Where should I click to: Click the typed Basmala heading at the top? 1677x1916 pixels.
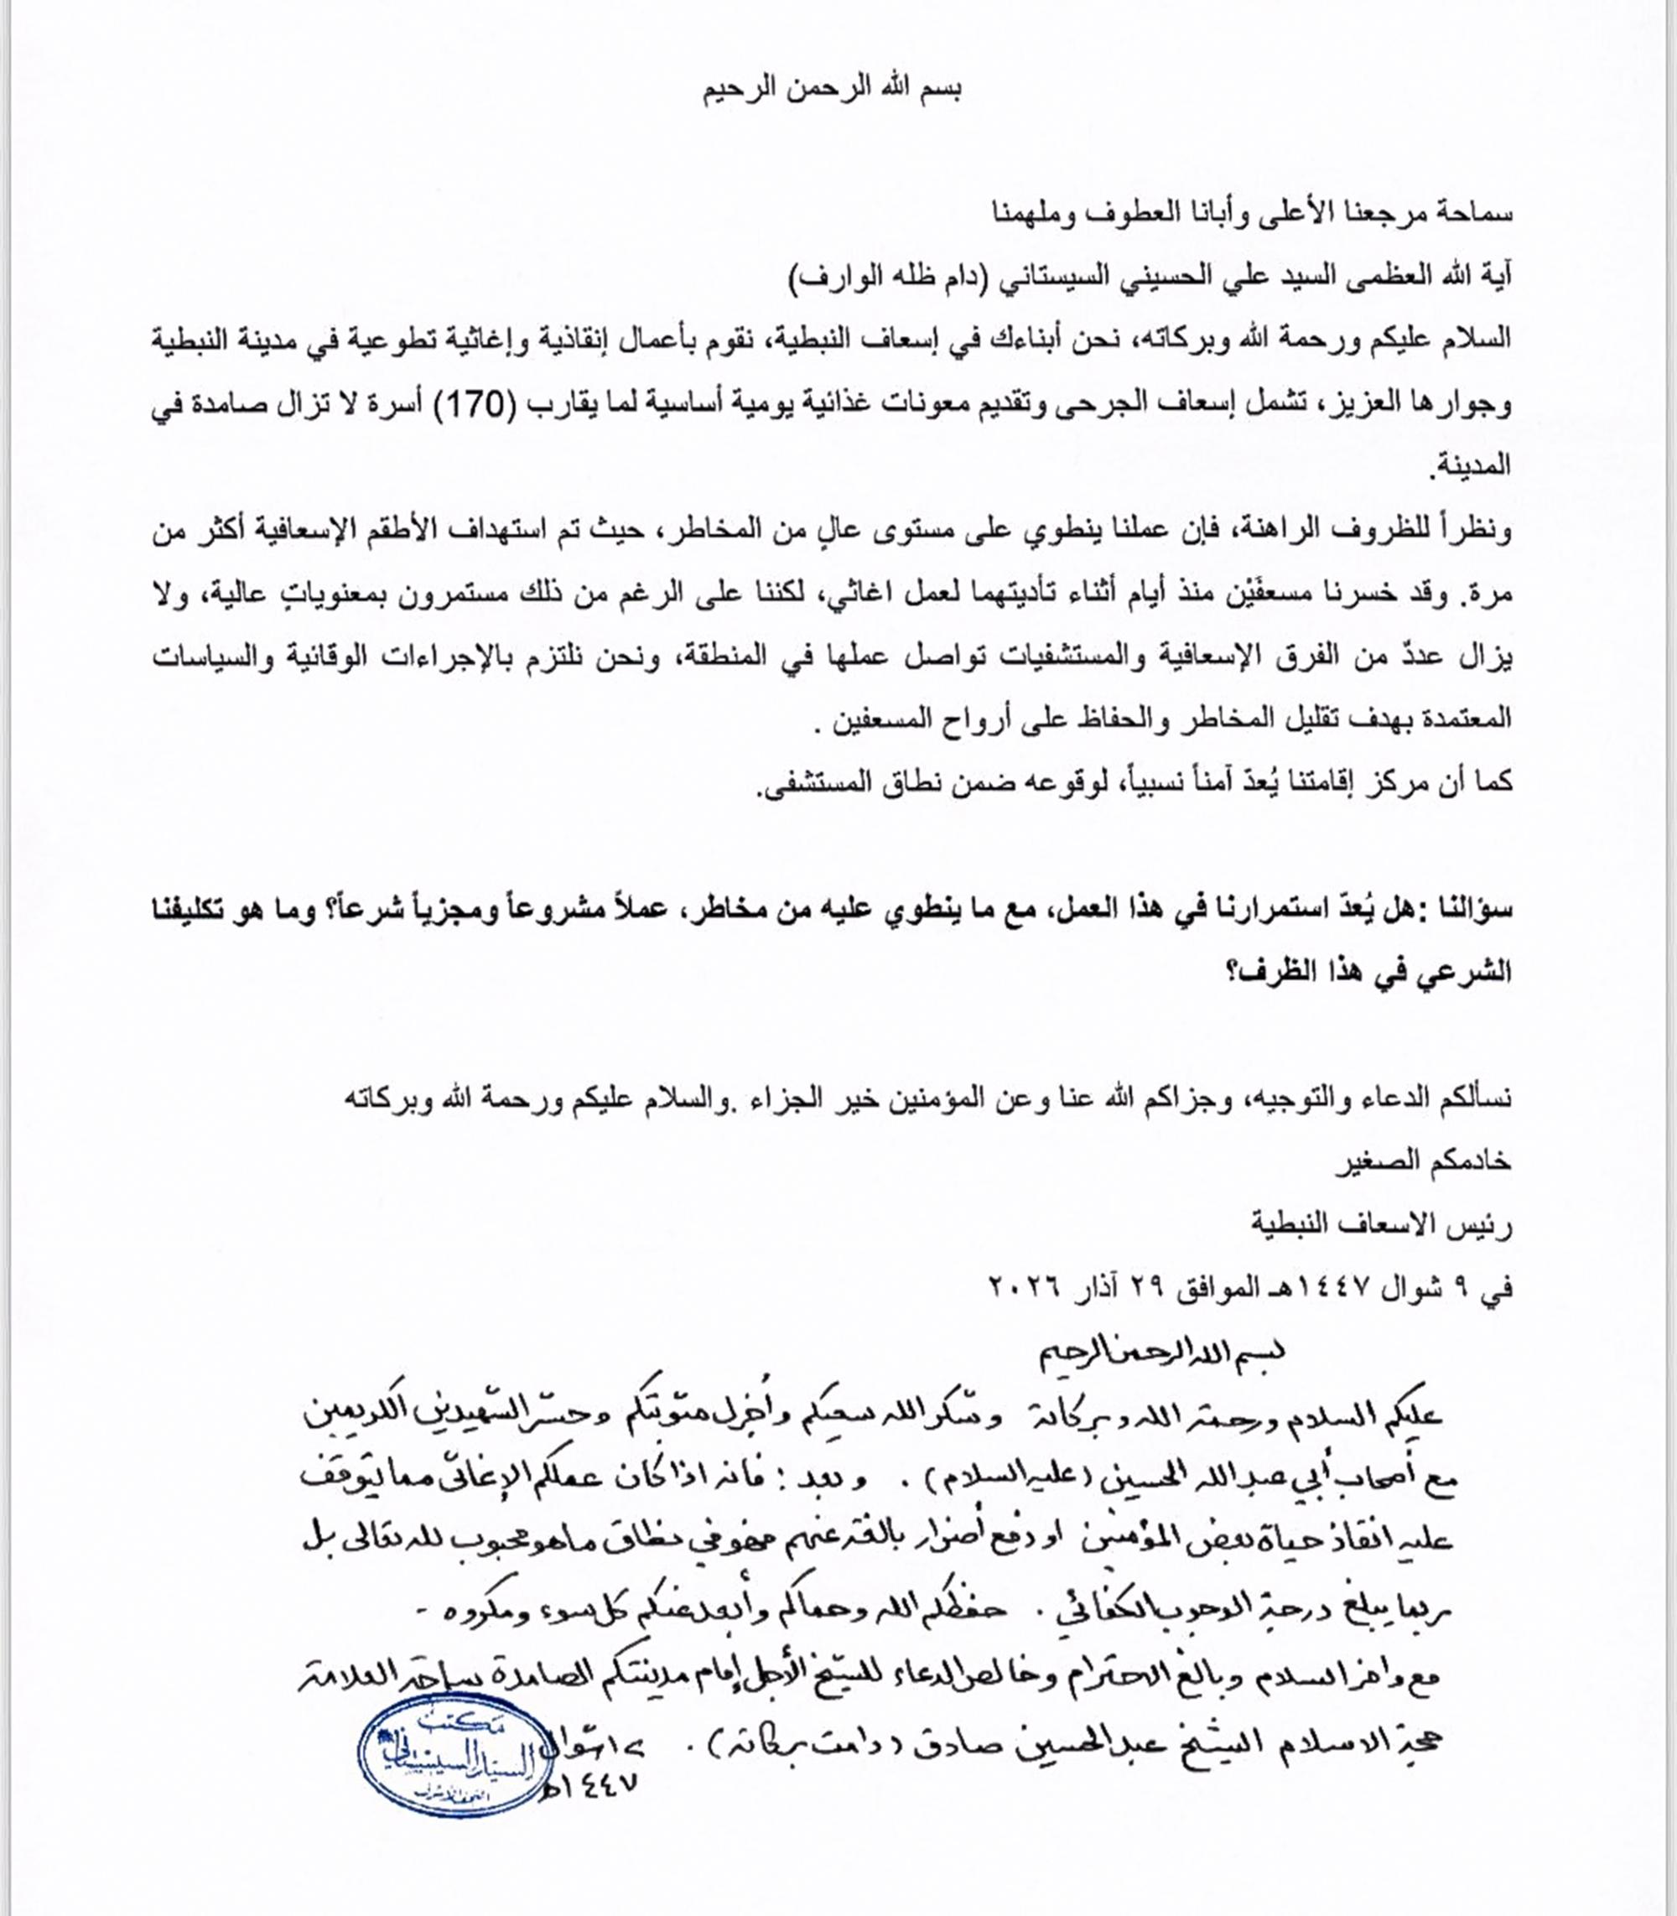pyautogui.click(x=833, y=90)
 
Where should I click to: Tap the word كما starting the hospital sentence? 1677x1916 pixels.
pyautogui.click(x=1495, y=782)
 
